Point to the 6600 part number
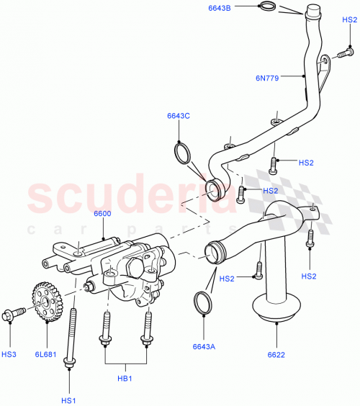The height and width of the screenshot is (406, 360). (102, 215)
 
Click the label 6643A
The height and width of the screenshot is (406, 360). (204, 346)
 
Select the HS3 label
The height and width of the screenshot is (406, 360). (9, 354)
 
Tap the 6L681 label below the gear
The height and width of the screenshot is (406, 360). (48, 354)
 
